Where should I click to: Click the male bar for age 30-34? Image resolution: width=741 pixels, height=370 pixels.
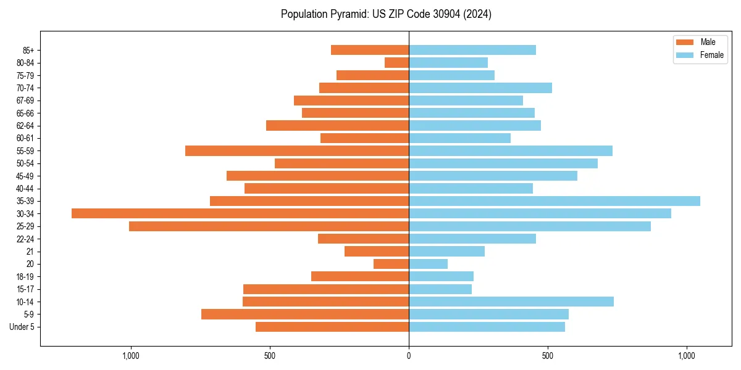(240, 213)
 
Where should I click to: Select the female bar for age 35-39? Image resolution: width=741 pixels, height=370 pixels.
(555, 201)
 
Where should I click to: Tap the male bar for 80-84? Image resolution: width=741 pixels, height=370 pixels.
(396, 62)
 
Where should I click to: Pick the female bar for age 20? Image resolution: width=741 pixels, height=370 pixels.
(428, 264)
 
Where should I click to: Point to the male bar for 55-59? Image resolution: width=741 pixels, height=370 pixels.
(297, 150)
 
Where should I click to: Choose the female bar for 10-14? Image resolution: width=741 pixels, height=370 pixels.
(511, 302)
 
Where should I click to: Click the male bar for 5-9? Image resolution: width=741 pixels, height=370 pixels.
(305, 314)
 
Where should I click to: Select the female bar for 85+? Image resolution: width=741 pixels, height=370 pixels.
(472, 50)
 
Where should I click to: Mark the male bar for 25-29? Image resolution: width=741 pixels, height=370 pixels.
(269, 226)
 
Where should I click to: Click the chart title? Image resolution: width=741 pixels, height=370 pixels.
(386, 14)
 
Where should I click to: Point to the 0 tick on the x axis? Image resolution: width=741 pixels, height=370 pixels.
(409, 356)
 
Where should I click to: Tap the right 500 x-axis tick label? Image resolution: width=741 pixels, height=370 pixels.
(548, 356)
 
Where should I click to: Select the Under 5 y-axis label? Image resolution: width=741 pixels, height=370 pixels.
(22, 327)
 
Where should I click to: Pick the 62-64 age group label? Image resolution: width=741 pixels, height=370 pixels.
(25, 126)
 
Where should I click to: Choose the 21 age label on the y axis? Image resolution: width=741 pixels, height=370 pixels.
(30, 252)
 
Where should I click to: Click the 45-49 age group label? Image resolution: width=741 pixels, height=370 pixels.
(25, 176)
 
